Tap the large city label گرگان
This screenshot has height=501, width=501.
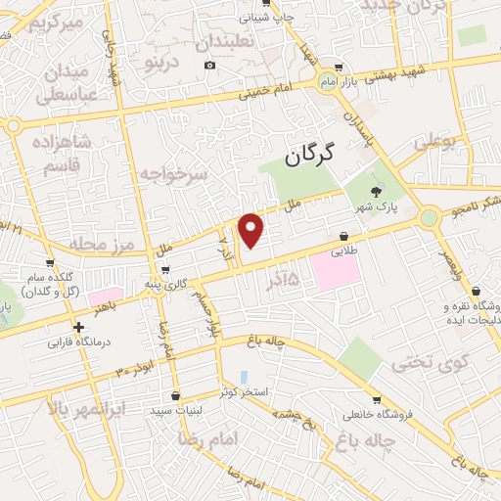tap(312, 154)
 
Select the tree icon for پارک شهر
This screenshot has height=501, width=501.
tap(377, 192)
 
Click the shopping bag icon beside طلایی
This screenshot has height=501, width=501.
tap(344, 236)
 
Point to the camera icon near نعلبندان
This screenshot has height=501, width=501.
tap(209, 66)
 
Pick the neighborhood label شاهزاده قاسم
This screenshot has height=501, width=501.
tap(66, 155)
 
